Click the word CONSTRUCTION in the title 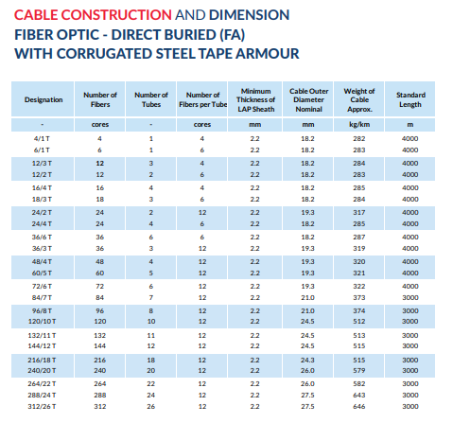pyautogui.click(x=116, y=15)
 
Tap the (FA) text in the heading pyautogui.click(x=232, y=35)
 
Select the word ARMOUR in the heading pyautogui.click(x=268, y=54)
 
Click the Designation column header pyautogui.click(x=44, y=99)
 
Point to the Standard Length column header pyautogui.click(x=410, y=99)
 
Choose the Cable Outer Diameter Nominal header pyautogui.click(x=308, y=99)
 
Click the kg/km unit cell pyautogui.click(x=359, y=125)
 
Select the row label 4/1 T pyautogui.click(x=42, y=139)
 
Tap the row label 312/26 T pyautogui.click(x=42, y=407)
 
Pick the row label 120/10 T pyautogui.click(x=42, y=322)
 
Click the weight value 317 pyautogui.click(x=359, y=213)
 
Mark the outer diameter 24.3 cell pyautogui.click(x=307, y=361)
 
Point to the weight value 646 pyautogui.click(x=359, y=407)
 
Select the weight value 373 pyautogui.click(x=359, y=298)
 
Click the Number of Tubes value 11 pyautogui.click(x=151, y=336)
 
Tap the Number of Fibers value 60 pyautogui.click(x=100, y=273)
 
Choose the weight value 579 pyautogui.click(x=359, y=371)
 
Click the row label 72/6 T pyautogui.click(x=42, y=287)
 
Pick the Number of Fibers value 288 pyautogui.click(x=100, y=396)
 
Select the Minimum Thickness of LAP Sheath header pyautogui.click(x=255, y=99)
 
